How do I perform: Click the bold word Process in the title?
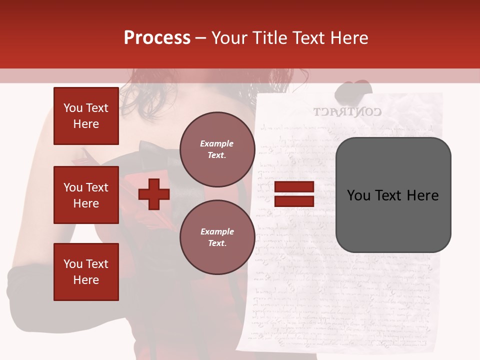[x=157, y=38]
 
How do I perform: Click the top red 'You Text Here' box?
[x=86, y=116]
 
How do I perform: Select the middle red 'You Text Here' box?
[x=86, y=195]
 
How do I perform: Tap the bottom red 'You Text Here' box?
[x=86, y=272]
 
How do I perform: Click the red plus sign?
[x=154, y=194]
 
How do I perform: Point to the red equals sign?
[x=294, y=194]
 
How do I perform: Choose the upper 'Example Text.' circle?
[x=217, y=149]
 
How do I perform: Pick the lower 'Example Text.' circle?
[x=217, y=237]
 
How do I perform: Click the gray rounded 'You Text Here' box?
[x=393, y=195]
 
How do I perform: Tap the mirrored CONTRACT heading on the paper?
[x=347, y=111]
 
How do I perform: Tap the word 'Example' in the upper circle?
[x=217, y=143]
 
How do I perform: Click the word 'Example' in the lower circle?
[x=217, y=231]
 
